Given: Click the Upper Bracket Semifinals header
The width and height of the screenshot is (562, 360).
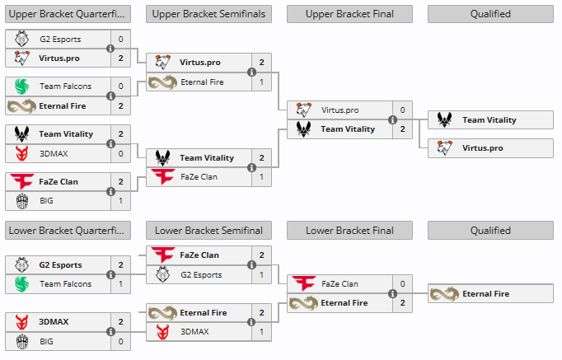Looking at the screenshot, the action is click(208, 14).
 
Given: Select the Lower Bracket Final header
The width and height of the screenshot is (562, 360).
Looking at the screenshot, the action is click(349, 231).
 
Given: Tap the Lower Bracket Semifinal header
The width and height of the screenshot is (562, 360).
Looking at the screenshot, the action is click(208, 231).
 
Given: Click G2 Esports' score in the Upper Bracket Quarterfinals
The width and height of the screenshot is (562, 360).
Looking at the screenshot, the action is click(121, 39).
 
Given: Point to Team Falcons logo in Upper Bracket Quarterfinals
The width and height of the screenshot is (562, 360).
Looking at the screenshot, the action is click(22, 86).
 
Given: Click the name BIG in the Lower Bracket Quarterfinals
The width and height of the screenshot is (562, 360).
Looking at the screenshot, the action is click(46, 341).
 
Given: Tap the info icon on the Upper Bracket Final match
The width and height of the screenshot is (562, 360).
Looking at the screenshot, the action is click(392, 119).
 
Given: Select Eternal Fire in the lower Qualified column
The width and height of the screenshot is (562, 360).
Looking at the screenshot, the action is click(485, 294).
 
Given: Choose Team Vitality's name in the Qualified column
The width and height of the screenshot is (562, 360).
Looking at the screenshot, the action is click(489, 120).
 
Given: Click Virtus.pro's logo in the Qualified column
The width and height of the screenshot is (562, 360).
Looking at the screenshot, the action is click(444, 147).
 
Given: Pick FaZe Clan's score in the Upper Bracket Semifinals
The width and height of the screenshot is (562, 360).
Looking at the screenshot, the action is click(262, 176).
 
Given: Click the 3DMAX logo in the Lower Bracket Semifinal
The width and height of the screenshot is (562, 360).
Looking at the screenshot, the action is click(162, 332).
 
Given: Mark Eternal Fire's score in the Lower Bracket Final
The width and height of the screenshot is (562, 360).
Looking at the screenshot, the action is click(402, 302).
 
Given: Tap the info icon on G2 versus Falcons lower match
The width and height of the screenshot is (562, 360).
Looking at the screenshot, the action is click(110, 275).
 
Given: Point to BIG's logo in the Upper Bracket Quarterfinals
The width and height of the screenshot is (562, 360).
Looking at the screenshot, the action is click(22, 201).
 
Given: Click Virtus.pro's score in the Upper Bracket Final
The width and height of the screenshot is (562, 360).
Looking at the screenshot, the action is click(402, 110).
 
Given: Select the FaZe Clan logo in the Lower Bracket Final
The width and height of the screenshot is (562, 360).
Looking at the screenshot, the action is click(303, 283).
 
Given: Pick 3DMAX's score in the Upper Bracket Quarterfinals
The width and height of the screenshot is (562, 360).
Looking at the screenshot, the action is click(121, 154).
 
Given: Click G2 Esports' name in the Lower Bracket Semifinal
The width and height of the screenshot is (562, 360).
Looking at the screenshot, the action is click(201, 275).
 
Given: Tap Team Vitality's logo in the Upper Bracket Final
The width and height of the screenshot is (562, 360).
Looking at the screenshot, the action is click(303, 129).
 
